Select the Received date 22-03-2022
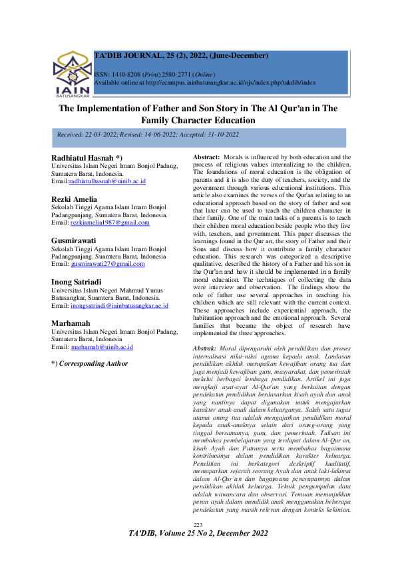coord(109,135)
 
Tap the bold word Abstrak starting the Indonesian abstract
coord(204,349)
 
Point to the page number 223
coord(198,545)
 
